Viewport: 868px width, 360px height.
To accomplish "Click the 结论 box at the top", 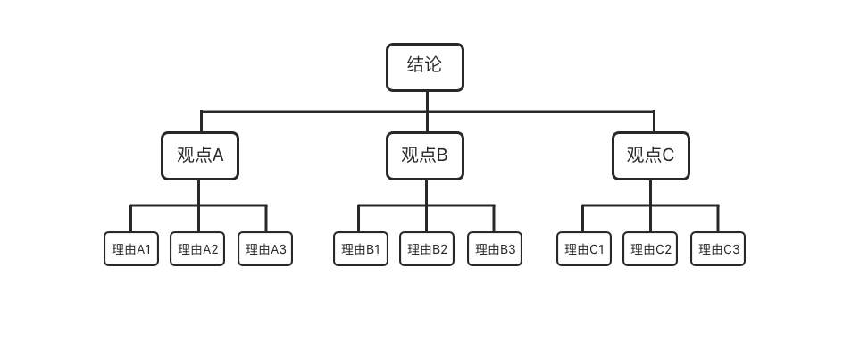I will click(x=425, y=67).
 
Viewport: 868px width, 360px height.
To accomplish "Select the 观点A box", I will click(x=200, y=155).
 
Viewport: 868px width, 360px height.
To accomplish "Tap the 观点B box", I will click(x=425, y=155).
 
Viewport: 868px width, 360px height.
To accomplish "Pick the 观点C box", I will click(x=650, y=155).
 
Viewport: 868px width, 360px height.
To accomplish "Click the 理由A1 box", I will click(x=131, y=249).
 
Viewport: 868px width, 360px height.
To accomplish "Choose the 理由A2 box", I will click(x=198, y=249).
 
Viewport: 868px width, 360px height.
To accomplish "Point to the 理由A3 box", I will click(x=266, y=249).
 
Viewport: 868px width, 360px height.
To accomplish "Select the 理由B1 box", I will click(x=360, y=249).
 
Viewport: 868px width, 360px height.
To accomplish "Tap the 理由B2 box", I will click(x=427, y=249).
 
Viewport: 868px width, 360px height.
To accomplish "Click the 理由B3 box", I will click(x=495, y=249).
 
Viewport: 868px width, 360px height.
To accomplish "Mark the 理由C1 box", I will click(x=584, y=249).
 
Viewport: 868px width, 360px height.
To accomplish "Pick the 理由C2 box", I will click(x=650, y=249).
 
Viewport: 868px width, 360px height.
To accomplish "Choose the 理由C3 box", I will click(x=718, y=249).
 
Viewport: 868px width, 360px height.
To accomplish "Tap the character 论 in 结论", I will click(x=435, y=66).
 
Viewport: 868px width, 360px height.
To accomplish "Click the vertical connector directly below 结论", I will click(x=427, y=100).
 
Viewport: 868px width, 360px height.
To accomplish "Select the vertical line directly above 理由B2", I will click(x=427, y=219).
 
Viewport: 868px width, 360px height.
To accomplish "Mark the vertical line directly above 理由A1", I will click(x=131, y=219).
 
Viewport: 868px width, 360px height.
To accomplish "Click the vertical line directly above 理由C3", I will click(x=718, y=219).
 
